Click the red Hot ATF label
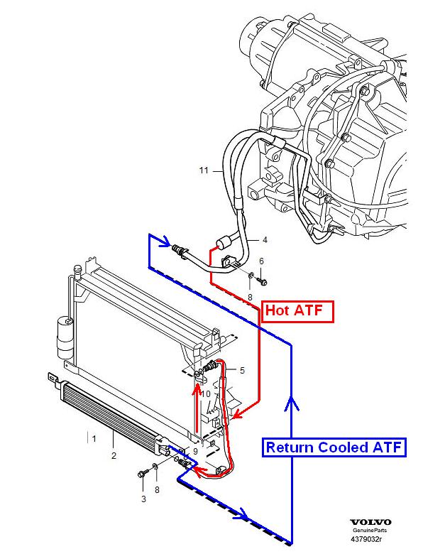click(x=297, y=310)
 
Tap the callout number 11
click(x=204, y=170)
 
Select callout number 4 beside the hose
click(x=265, y=239)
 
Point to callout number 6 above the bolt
click(x=261, y=262)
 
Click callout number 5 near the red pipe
click(x=241, y=370)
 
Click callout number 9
click(x=195, y=451)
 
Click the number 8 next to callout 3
click(x=157, y=489)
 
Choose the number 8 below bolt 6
click(x=250, y=296)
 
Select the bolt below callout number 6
click(x=263, y=282)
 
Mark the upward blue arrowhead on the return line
click(x=289, y=404)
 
